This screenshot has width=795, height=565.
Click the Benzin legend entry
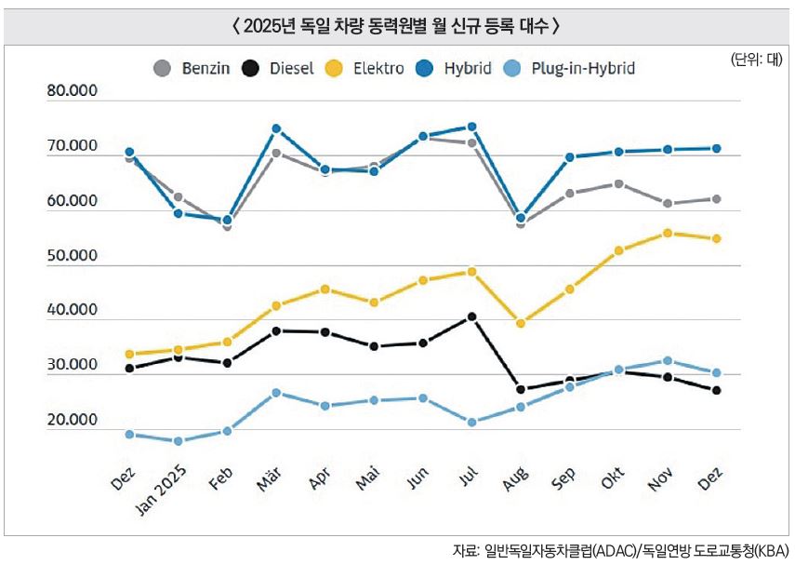click(187, 68)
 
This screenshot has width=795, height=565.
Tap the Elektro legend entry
click(368, 68)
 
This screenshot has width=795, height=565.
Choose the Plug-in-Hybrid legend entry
click(571, 68)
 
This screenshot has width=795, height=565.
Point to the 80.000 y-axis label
click(73, 92)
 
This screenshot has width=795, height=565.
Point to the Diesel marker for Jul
click(471, 316)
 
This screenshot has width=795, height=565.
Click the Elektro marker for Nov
click(667, 233)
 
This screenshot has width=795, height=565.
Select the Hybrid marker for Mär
click(276, 128)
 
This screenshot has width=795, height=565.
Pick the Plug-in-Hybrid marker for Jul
click(471, 423)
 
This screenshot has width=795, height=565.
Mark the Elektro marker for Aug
click(521, 323)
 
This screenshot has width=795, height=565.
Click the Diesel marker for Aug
click(521, 389)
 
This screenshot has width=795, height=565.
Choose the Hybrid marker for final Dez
click(716, 148)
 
